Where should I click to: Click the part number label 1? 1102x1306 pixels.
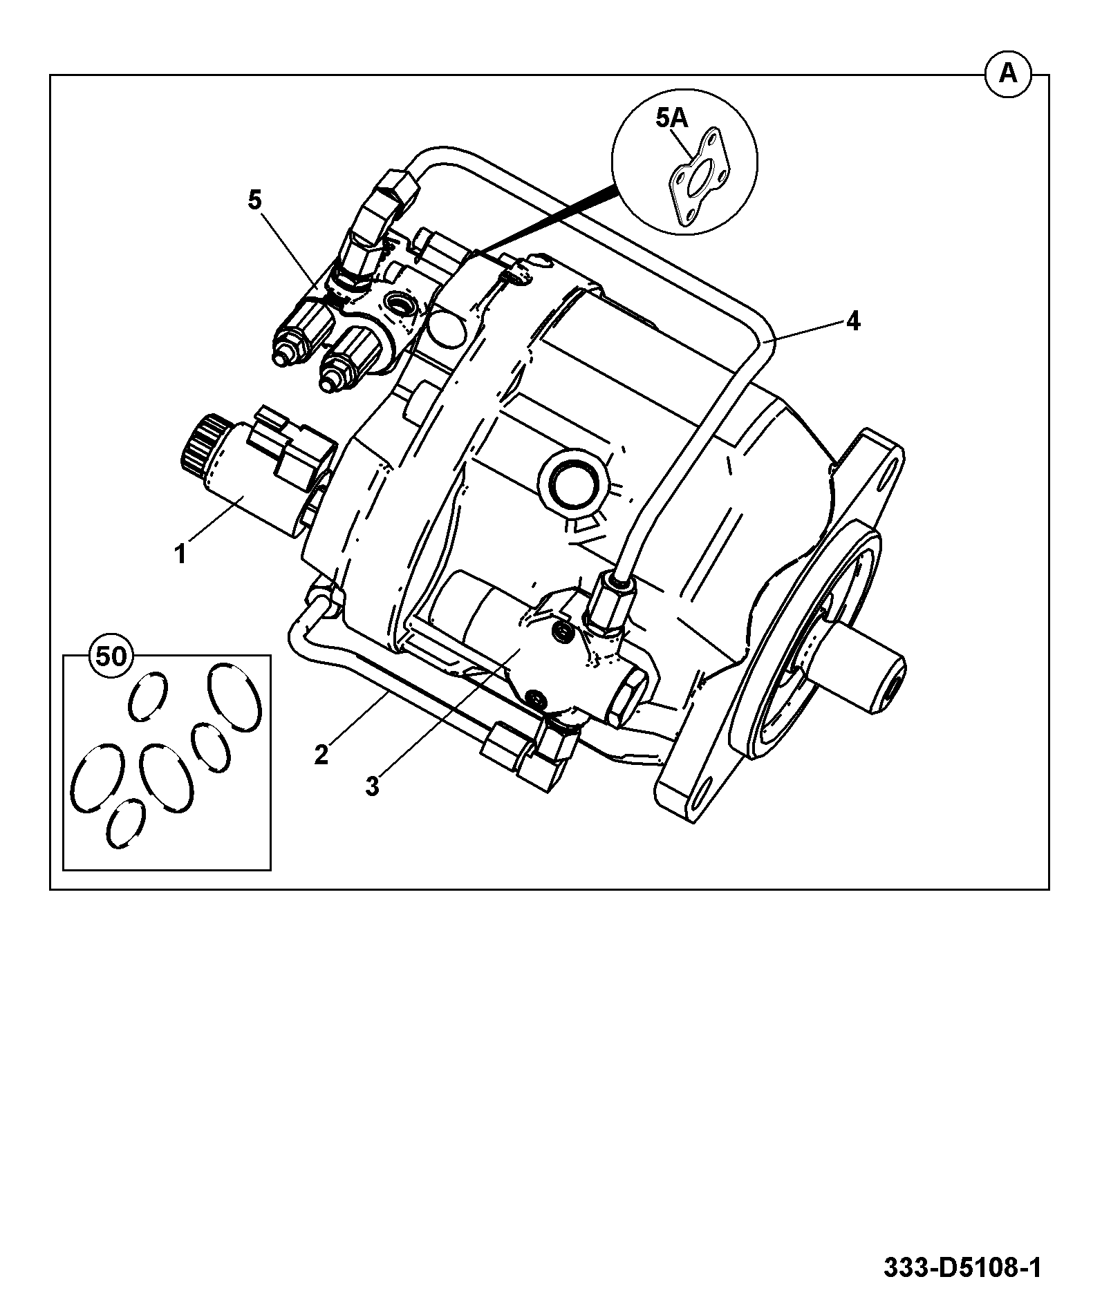click(x=180, y=554)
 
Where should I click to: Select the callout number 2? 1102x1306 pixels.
click(x=321, y=755)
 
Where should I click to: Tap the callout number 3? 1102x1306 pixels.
click(x=373, y=786)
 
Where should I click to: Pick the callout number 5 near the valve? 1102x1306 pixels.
click(x=255, y=200)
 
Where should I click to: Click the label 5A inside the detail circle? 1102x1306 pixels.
click(x=672, y=119)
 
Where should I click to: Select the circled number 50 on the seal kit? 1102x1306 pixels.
click(x=111, y=656)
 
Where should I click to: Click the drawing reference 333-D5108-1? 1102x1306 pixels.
click(x=962, y=1269)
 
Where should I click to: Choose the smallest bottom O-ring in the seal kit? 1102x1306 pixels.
click(x=127, y=824)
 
